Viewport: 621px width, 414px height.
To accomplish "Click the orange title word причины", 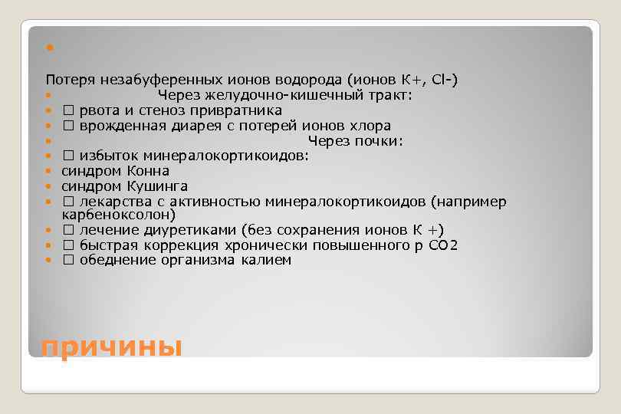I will tap(111, 347).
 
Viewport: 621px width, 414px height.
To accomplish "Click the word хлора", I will tap(373, 126).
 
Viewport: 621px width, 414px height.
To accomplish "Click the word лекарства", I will tap(110, 201).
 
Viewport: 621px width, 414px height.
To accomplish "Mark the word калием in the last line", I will tap(268, 260).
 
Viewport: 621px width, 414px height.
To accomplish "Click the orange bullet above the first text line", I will tap(48, 48).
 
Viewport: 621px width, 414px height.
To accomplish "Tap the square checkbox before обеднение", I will tap(67, 260).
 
